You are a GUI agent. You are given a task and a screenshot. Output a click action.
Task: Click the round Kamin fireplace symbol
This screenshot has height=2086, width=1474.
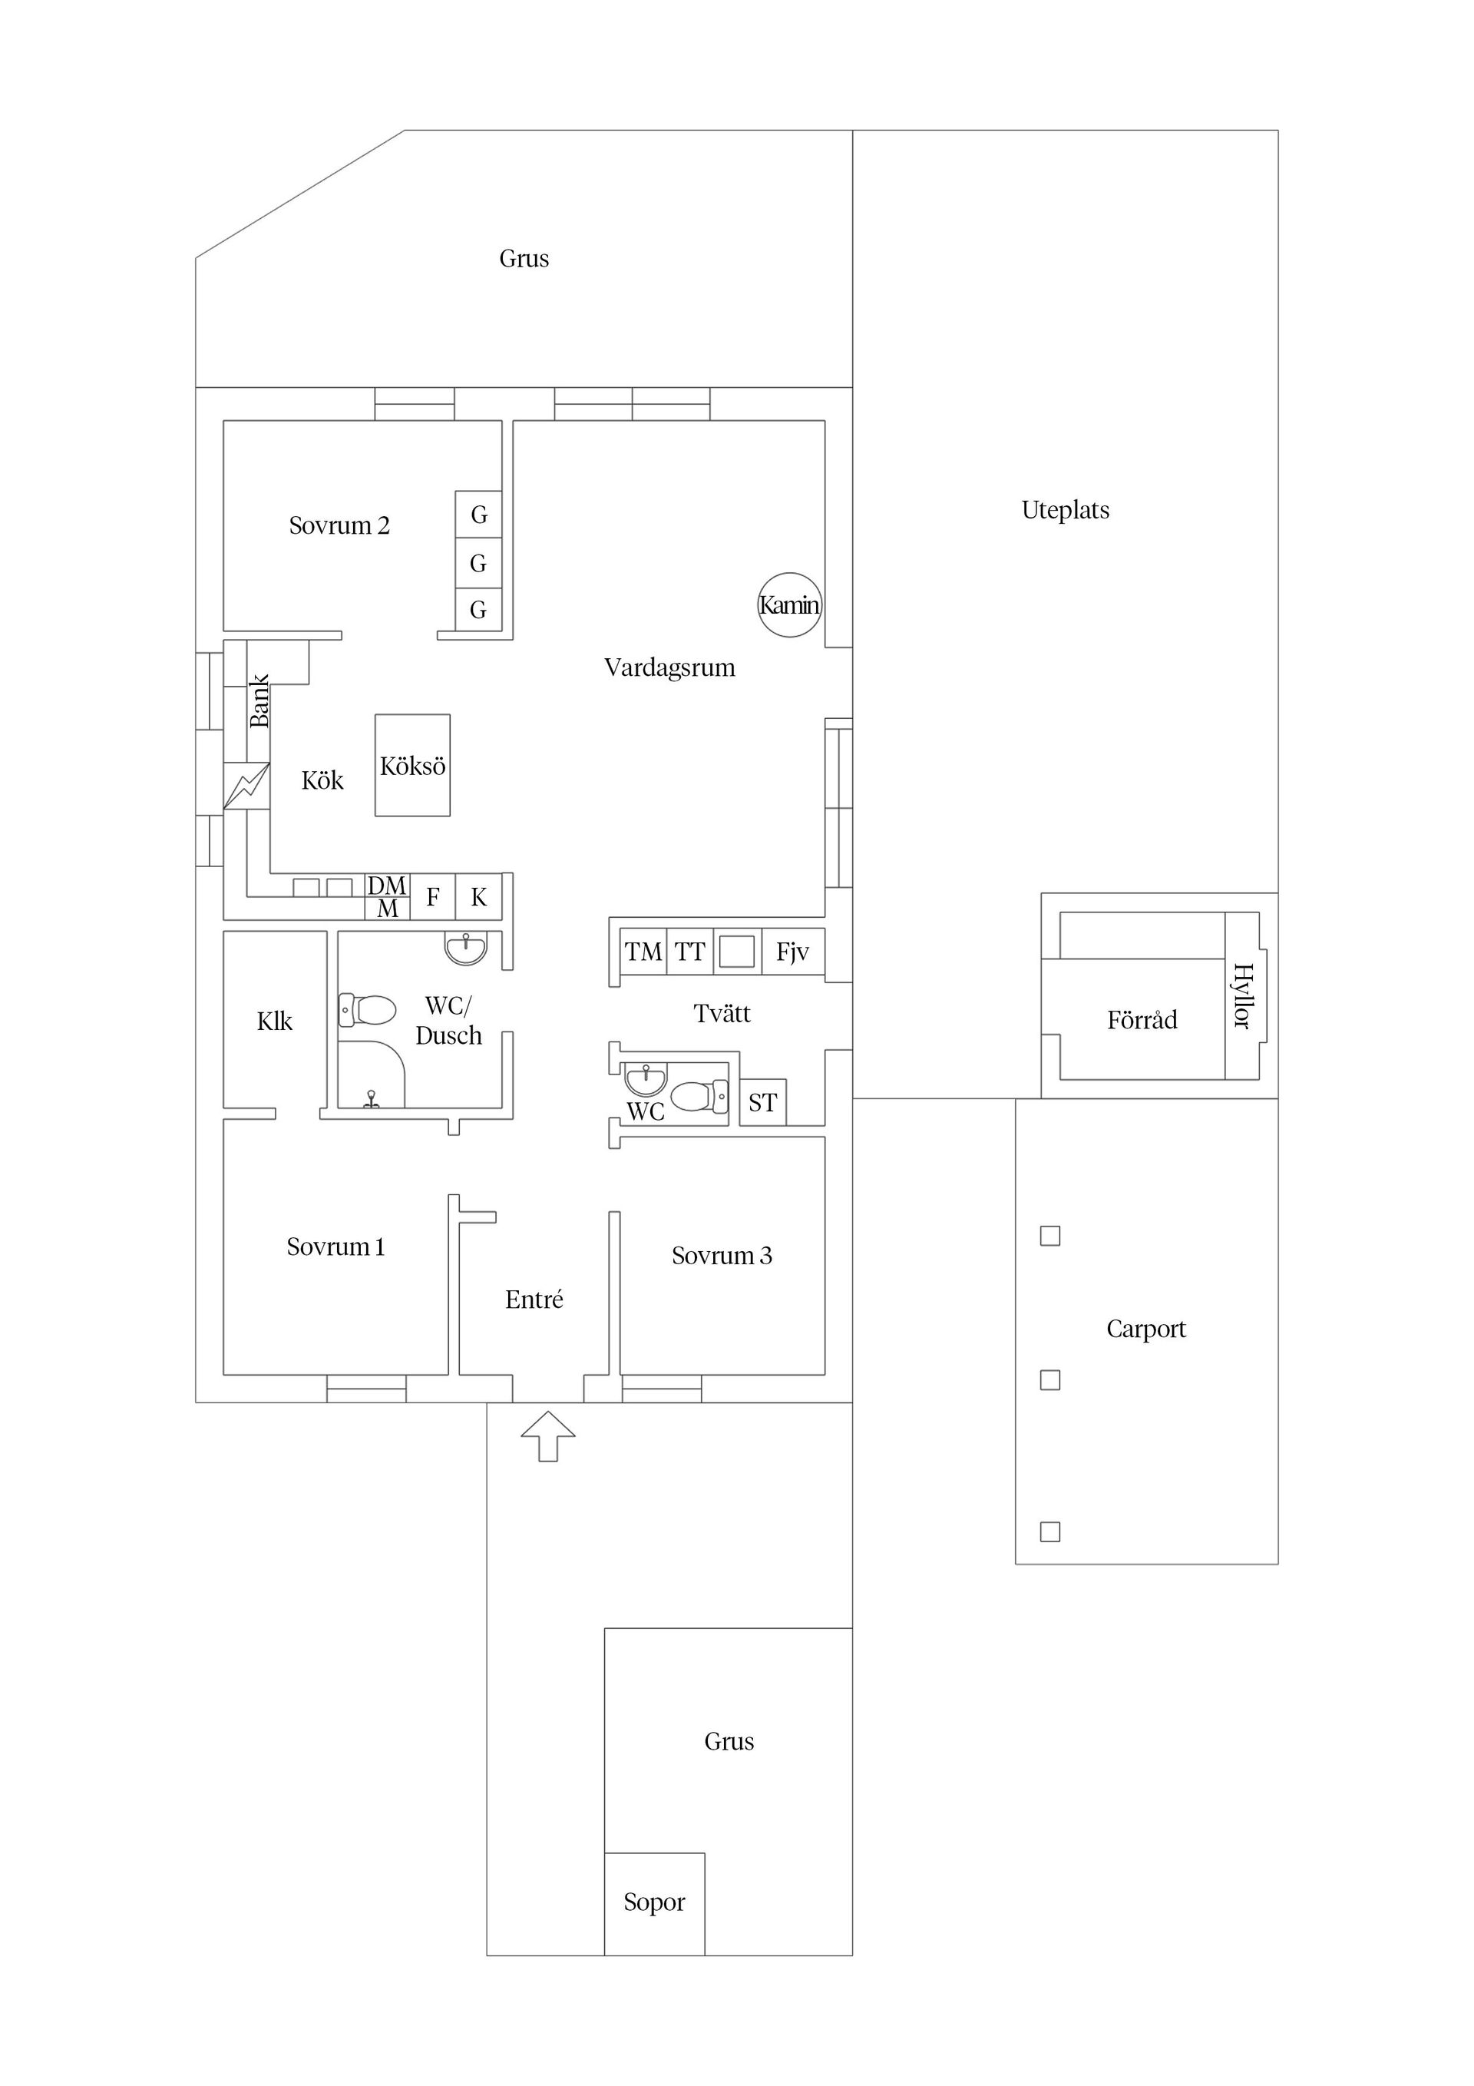tap(789, 605)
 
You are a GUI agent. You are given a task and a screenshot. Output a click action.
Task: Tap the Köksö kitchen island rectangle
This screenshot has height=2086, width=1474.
tap(412, 766)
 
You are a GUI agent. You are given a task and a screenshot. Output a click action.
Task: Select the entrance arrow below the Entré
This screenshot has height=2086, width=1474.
tap(547, 1435)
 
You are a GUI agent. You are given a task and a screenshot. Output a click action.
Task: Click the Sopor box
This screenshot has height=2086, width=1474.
tap(654, 1902)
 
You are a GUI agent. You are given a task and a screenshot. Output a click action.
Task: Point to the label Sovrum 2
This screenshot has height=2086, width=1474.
tap(339, 526)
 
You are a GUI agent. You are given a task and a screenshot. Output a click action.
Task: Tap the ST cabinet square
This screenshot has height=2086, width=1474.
tap(763, 1103)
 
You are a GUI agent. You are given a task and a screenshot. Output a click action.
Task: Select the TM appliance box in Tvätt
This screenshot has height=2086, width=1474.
tap(643, 952)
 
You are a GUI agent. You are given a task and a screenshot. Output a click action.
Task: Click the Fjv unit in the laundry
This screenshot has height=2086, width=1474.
tap(792, 952)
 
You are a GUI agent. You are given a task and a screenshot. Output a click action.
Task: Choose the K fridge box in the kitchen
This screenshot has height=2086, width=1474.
tap(478, 898)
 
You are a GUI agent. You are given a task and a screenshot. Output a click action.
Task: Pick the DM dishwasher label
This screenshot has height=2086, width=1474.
tap(387, 886)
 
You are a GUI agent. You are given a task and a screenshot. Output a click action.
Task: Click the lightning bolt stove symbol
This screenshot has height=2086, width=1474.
tap(246, 786)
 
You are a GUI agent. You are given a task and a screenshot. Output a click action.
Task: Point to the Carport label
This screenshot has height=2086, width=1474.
tap(1145, 1329)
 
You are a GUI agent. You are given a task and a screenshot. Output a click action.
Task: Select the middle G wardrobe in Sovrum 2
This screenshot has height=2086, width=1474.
tap(478, 563)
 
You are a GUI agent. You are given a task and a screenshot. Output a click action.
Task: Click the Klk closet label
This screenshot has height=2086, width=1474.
tap(274, 1022)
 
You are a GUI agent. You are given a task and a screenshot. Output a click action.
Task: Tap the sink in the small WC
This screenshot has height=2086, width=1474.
tap(645, 1078)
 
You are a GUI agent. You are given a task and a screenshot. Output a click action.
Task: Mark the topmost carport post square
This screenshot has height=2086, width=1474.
tap(1050, 1236)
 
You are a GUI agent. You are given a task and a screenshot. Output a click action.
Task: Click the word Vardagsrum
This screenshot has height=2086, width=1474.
tap(669, 667)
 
